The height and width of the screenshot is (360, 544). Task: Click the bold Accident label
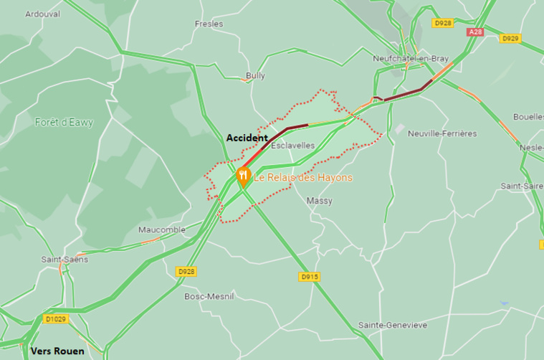pyautogui.click(x=247, y=138)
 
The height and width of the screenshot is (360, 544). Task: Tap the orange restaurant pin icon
pyautogui.click(x=243, y=175)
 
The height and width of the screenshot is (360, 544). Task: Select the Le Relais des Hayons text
pyautogui.click(x=303, y=177)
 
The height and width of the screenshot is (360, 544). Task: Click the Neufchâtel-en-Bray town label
pyautogui.click(x=406, y=58)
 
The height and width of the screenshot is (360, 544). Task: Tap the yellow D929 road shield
pyautogui.click(x=510, y=38)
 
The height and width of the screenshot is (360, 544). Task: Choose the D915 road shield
pyautogui.click(x=309, y=276)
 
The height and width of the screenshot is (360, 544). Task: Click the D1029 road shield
pyautogui.click(x=54, y=319)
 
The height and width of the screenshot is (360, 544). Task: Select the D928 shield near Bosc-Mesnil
pyautogui.click(x=186, y=271)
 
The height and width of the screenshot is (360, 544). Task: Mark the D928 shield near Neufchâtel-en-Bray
pyautogui.click(x=443, y=23)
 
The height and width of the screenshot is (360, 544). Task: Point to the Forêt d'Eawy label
pyautogui.click(x=64, y=123)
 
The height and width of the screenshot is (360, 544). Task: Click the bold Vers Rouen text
pyautogui.click(x=57, y=351)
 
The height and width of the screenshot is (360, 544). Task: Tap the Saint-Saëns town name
pyautogui.click(x=65, y=259)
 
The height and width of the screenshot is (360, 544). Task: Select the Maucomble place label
pyautogui.click(x=161, y=229)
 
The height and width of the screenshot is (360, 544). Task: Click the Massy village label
pyautogui.click(x=319, y=201)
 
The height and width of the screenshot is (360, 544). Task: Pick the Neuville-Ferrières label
pyautogui.click(x=442, y=133)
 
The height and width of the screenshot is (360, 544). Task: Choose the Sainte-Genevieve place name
pyautogui.click(x=393, y=325)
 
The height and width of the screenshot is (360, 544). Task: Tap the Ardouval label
pyautogui.click(x=42, y=14)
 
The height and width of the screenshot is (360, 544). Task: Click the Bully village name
pyautogui.click(x=255, y=75)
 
